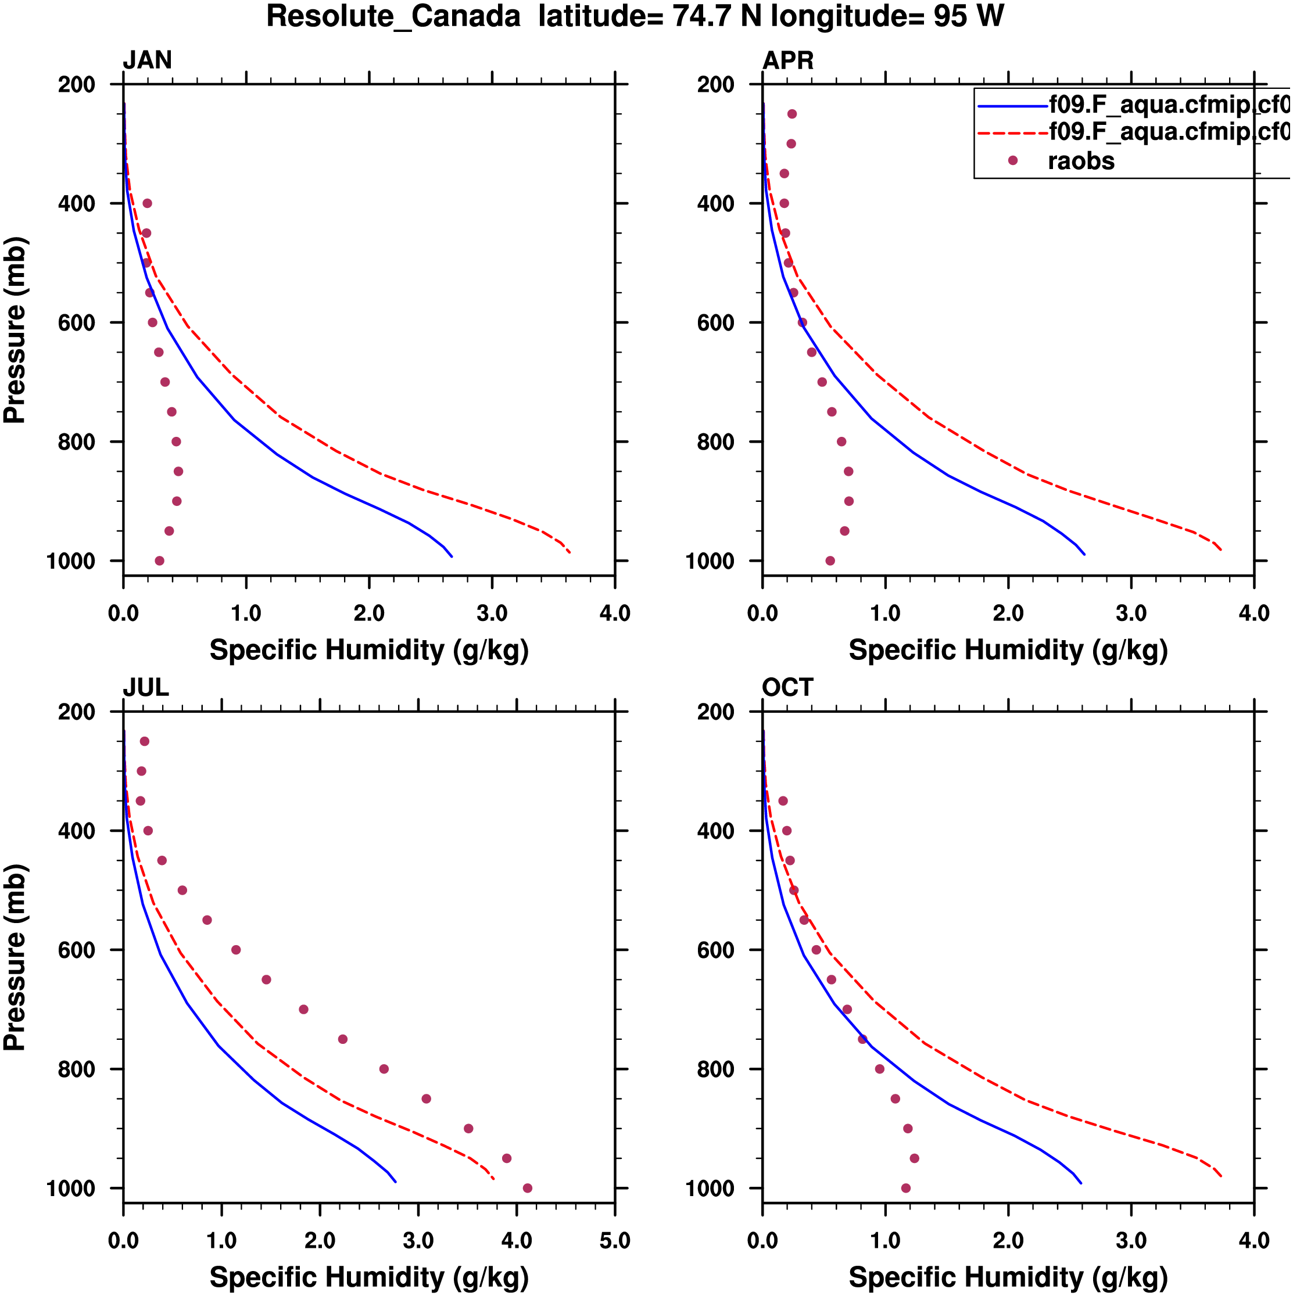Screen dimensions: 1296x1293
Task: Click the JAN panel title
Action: (x=147, y=60)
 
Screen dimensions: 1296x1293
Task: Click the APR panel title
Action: (x=788, y=60)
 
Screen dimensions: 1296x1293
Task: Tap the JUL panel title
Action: (x=146, y=688)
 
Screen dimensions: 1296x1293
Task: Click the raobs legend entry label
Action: (x=1081, y=161)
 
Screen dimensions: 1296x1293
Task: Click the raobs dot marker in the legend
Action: (x=1012, y=160)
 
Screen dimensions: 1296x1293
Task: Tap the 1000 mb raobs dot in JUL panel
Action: (x=528, y=1188)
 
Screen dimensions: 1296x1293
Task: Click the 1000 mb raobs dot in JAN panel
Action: (x=159, y=561)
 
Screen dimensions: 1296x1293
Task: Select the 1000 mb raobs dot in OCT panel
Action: (x=906, y=1188)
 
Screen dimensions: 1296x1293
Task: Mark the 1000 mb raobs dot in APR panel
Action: (x=830, y=561)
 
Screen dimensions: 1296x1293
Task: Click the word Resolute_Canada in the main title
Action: (x=393, y=16)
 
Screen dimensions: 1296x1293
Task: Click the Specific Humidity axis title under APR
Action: (x=1008, y=650)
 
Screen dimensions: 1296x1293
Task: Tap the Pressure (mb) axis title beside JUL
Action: (x=15, y=957)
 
